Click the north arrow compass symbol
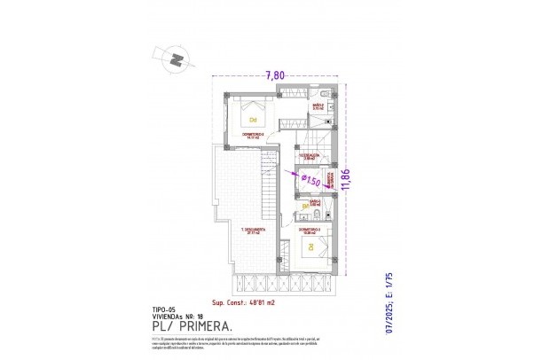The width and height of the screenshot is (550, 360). (176, 59)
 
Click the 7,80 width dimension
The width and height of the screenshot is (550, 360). (275, 76)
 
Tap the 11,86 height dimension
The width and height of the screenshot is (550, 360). (358, 183)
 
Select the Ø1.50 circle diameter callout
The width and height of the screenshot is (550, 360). (310, 180)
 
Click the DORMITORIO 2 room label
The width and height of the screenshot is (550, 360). (254, 136)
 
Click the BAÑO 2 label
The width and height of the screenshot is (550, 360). (318, 106)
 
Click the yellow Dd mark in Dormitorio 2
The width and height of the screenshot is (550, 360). (253, 120)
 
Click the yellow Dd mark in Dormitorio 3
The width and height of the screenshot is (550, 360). (310, 247)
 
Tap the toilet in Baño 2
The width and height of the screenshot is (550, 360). (327, 94)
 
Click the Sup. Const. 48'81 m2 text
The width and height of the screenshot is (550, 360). (243, 301)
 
